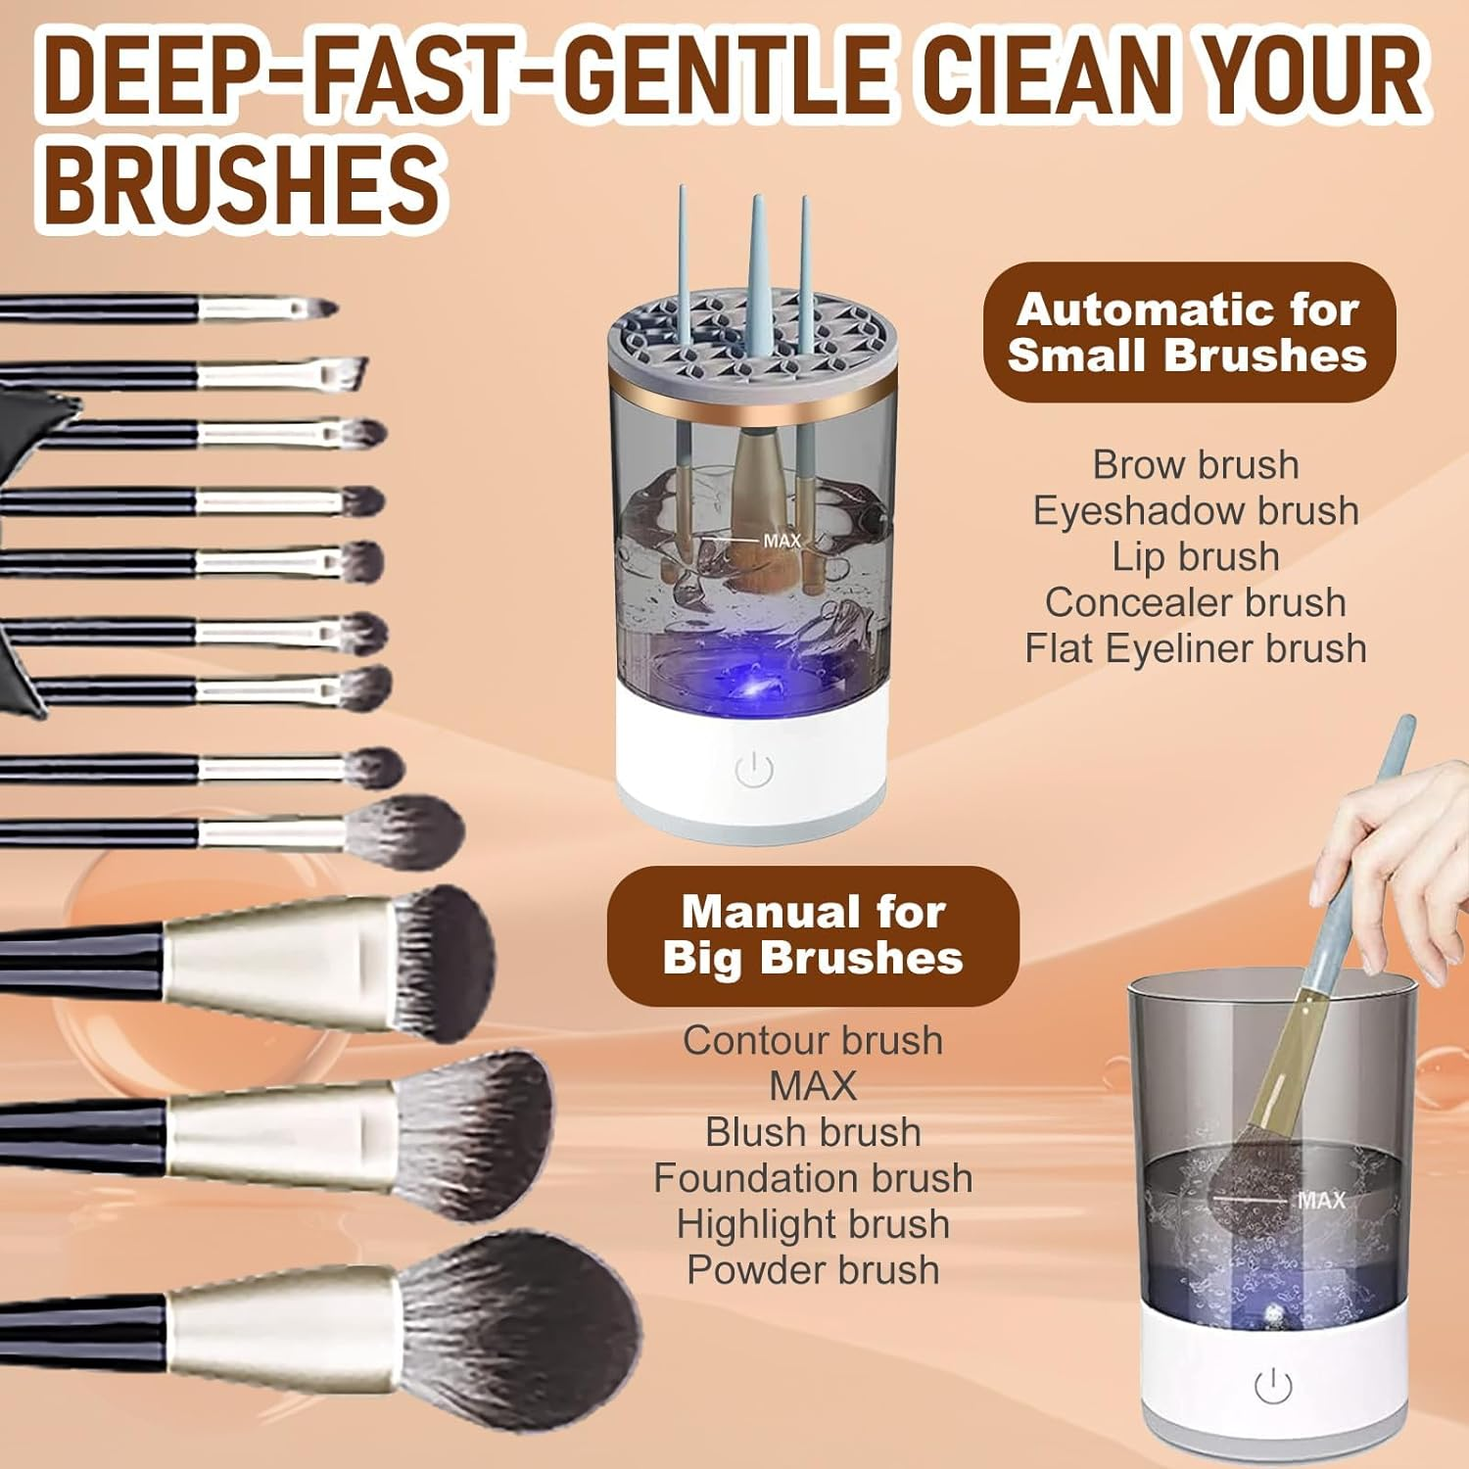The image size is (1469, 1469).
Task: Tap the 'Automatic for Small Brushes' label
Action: point(1188,333)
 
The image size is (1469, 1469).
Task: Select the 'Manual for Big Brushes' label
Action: point(813,935)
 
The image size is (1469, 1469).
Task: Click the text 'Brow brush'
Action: point(1196,464)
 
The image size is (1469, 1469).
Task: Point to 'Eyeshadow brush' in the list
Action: point(1196,510)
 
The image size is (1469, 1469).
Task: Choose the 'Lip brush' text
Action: point(1196,556)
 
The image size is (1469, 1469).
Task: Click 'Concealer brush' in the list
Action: point(1196,602)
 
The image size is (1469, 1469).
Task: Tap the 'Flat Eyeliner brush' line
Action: point(1196,648)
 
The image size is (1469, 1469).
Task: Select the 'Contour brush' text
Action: point(813,1040)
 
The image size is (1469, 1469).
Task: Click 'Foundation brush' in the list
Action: point(813,1178)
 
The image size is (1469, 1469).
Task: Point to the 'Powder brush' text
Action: point(813,1270)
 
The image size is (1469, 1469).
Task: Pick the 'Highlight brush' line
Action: point(813,1224)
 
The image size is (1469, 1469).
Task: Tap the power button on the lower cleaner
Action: point(1272,1386)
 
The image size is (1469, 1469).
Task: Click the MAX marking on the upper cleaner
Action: point(781,541)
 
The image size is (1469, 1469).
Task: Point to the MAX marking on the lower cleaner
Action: point(1321,1200)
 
